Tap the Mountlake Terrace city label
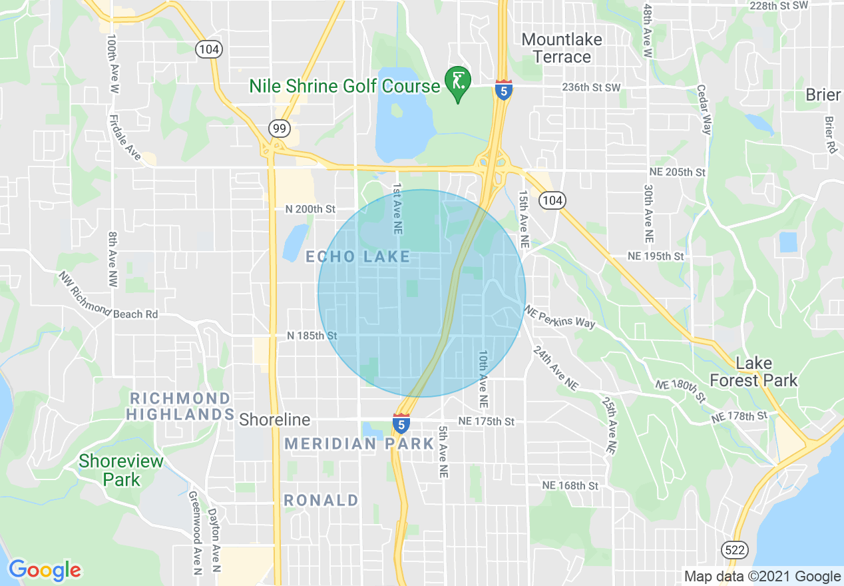[562, 48]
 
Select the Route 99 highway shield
[278, 127]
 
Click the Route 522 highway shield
[735, 550]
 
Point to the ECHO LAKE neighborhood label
[357, 257]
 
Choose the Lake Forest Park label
[753, 372]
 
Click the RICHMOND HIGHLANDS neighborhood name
[180, 406]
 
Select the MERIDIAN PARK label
[359, 443]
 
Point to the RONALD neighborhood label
[321, 500]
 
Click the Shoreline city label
[275, 420]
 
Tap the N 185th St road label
[312, 336]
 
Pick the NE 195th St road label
[656, 256]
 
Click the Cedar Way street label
[705, 109]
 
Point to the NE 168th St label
[570, 485]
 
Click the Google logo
[45, 571]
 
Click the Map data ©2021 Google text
[763, 577]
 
